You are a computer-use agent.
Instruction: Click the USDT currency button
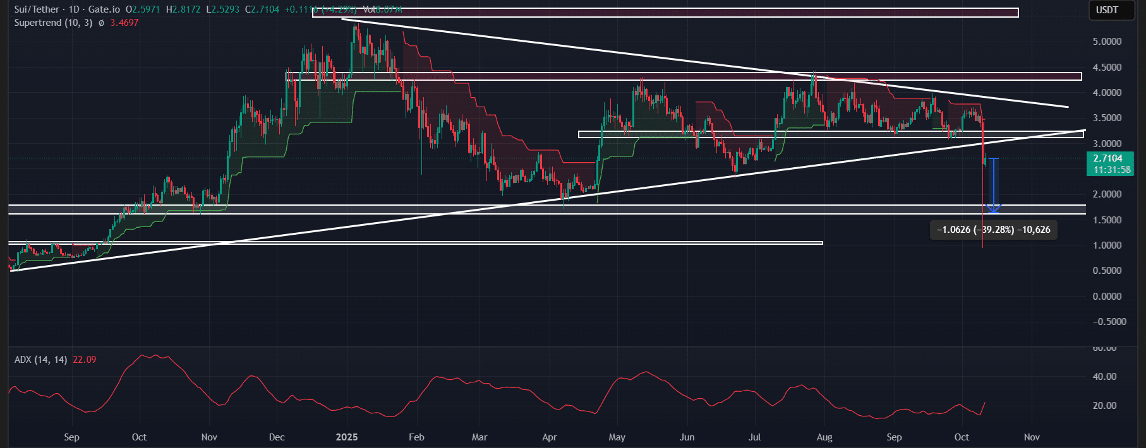1107,10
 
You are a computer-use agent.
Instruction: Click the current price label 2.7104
1107,158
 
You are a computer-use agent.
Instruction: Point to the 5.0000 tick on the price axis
1107,42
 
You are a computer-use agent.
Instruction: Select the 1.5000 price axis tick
1107,220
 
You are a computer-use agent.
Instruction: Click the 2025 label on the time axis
347,437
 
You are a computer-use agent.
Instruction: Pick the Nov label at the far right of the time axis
1032,437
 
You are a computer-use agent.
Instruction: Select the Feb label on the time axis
416,437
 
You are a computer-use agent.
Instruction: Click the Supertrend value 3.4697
124,23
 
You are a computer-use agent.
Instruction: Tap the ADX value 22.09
85,360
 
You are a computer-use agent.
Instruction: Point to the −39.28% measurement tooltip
993,230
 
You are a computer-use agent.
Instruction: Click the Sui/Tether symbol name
37,9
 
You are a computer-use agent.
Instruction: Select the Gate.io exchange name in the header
104,9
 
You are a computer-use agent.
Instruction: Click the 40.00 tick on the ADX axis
1105,377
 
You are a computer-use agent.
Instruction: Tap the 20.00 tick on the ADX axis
1105,406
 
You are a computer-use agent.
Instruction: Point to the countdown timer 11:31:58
1111,170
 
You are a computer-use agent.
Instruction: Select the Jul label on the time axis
754,437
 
